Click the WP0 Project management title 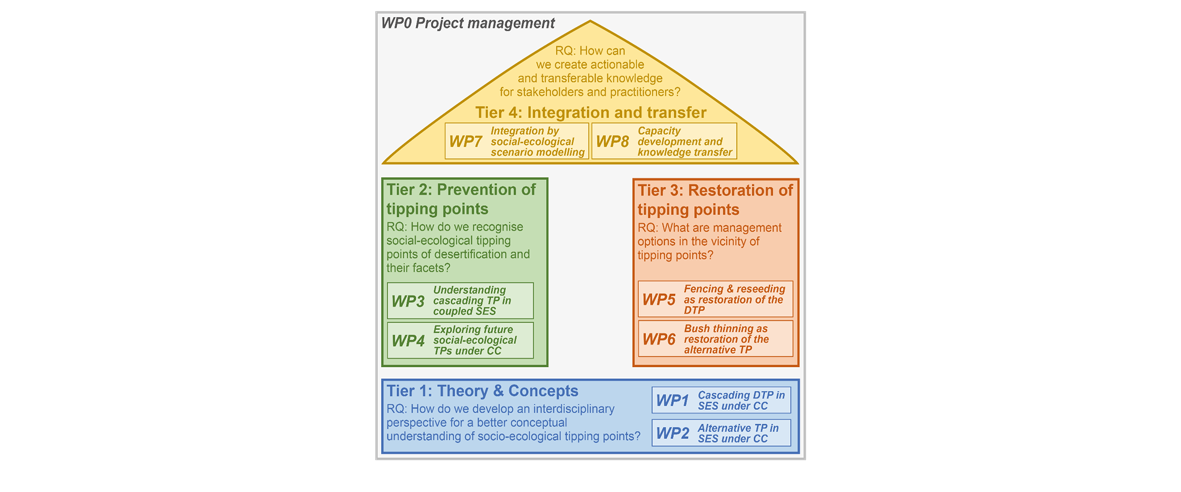468,23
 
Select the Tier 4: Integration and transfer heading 590,113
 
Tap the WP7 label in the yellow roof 465,141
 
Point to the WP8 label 612,141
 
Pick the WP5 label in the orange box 659,300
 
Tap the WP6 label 659,339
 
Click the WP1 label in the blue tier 672,400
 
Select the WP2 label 672,433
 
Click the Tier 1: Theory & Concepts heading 482,391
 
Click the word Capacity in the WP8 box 659,131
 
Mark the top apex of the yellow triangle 590,21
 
